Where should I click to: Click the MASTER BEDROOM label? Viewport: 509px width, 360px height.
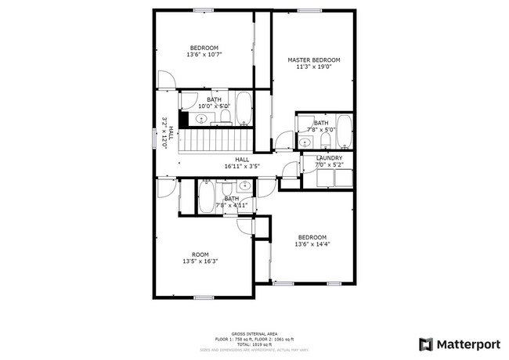[x=313, y=60]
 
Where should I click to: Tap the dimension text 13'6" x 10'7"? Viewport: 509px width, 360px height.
[x=204, y=55]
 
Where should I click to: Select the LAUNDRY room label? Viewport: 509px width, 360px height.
[x=329, y=157]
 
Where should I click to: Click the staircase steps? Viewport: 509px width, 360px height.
[x=215, y=143]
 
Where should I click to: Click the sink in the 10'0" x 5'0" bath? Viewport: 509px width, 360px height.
[x=201, y=119]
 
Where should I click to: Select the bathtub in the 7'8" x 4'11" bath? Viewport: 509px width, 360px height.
[x=207, y=196]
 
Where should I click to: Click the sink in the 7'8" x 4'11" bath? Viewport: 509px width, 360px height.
[x=244, y=186]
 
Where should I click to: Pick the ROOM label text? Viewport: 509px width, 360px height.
[x=200, y=254]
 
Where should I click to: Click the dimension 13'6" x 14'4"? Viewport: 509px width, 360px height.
[x=311, y=244]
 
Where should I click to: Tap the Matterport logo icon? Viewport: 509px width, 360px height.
[x=425, y=344]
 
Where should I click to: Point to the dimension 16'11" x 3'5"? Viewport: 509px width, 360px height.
[x=242, y=166]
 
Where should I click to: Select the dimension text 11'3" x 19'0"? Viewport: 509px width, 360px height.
[x=313, y=67]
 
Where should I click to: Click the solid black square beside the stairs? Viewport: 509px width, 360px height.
[x=183, y=119]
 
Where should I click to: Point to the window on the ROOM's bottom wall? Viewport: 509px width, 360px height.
[x=204, y=297]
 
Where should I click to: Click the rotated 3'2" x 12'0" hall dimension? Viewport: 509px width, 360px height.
[x=164, y=133]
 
